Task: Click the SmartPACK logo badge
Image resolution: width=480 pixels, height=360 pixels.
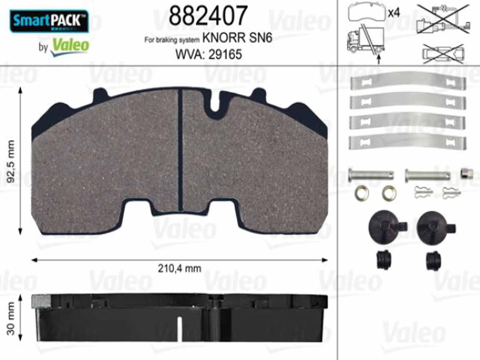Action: point(49,21)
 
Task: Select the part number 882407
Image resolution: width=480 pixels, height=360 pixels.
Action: point(208,15)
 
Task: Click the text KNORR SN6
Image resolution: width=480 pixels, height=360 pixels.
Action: point(237,38)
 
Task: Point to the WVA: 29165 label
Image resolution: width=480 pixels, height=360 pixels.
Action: point(208,54)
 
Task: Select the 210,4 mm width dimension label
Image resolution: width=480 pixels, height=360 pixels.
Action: point(180,268)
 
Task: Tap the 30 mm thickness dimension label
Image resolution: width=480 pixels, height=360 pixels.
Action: point(10,318)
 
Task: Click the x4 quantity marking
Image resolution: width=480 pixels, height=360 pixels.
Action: point(394,13)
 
